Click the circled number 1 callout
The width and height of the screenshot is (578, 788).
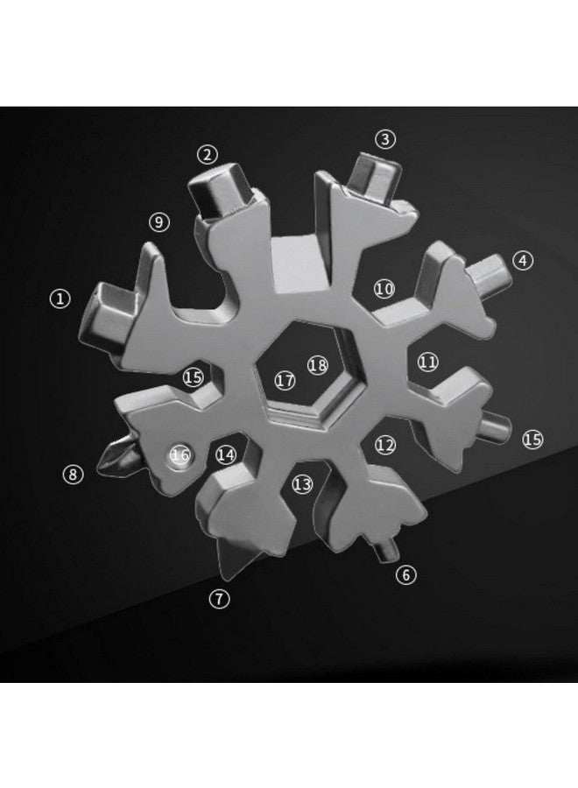click(60, 299)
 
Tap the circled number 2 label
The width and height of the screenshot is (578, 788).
click(207, 155)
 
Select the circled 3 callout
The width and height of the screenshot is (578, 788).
click(385, 138)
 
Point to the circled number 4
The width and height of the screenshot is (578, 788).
click(523, 260)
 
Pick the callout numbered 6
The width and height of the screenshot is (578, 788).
click(406, 575)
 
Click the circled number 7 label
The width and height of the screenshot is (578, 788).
click(219, 599)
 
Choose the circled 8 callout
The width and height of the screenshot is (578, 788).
click(74, 475)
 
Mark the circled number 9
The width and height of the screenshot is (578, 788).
click(159, 222)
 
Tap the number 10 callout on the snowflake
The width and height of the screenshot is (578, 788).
click(384, 288)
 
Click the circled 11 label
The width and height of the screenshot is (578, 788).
click(427, 361)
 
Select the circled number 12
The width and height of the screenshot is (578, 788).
click(385, 445)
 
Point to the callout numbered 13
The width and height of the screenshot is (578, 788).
click(302, 484)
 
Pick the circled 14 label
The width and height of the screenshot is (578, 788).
click(226, 454)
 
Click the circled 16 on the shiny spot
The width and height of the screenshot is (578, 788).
click(180, 454)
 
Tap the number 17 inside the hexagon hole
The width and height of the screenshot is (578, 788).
click(284, 381)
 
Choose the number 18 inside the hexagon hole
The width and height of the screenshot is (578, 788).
click(317, 364)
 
